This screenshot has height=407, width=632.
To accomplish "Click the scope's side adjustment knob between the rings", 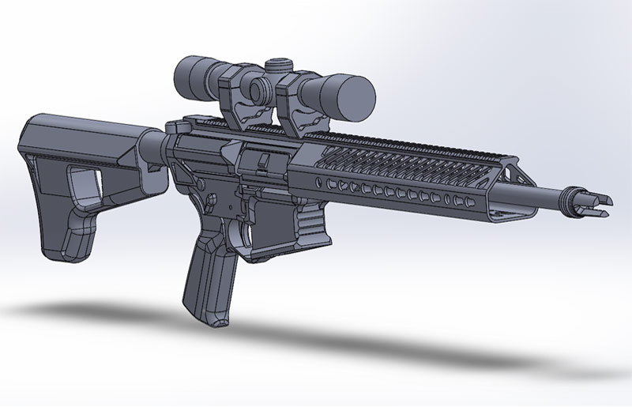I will click(x=254, y=85).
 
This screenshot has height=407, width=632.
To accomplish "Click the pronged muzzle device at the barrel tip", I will click(x=589, y=204).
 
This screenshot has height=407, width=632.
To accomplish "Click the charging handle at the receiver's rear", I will click(x=177, y=127).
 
